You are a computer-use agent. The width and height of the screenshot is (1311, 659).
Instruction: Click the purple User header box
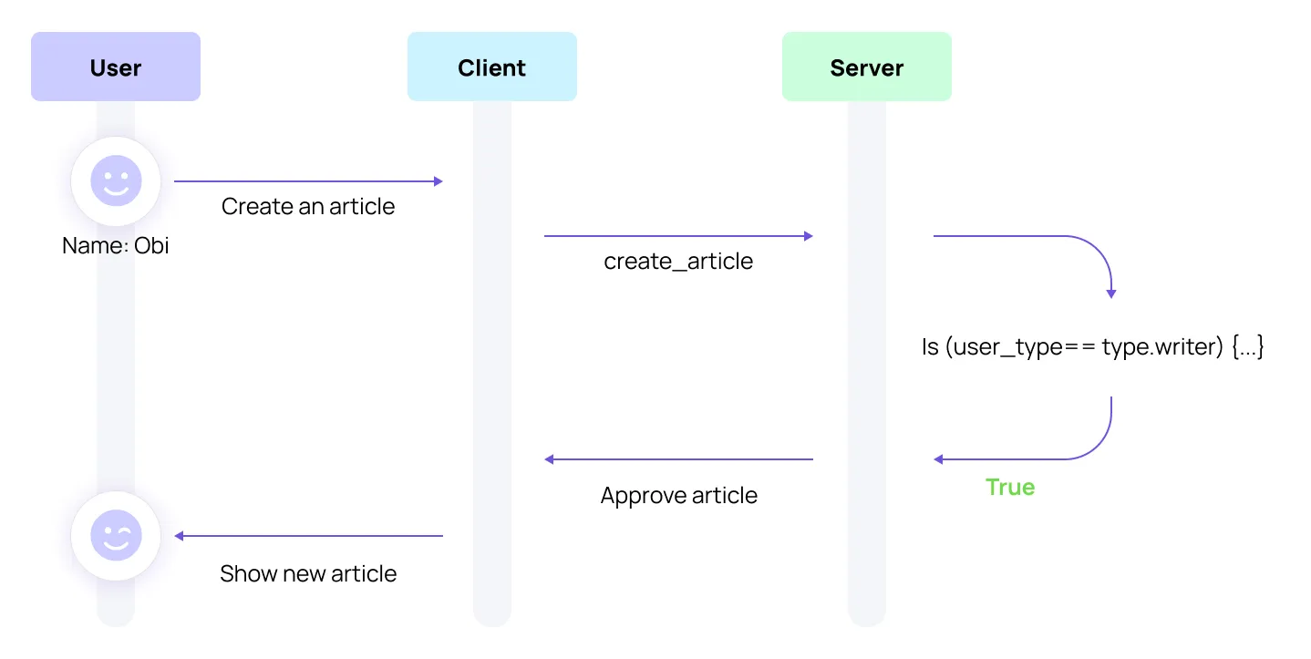[x=116, y=67]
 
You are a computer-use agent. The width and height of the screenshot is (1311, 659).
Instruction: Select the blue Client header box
[x=491, y=67]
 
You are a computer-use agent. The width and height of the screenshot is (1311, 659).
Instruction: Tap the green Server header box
[x=866, y=67]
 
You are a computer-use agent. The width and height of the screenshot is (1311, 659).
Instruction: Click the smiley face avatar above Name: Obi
[x=116, y=180]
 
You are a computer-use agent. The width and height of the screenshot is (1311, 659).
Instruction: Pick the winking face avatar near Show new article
[x=116, y=535]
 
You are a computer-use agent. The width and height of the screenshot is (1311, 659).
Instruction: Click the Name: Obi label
[x=116, y=245]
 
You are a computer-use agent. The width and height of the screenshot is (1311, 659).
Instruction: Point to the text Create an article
[x=308, y=206]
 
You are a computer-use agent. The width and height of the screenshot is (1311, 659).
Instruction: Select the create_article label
[x=678, y=262]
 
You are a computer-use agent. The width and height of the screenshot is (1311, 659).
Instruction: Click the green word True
[x=1010, y=487]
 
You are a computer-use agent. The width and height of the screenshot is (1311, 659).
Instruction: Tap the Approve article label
[x=678, y=496]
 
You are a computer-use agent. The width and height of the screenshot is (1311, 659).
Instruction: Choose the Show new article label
[x=308, y=573]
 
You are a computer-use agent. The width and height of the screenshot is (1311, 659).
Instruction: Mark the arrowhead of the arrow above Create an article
[x=439, y=181]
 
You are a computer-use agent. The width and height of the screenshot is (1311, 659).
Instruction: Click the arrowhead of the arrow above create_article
[x=808, y=236]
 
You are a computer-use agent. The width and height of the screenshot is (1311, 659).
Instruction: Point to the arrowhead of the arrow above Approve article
[x=550, y=459]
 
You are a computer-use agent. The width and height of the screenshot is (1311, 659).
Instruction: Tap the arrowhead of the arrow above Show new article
[x=180, y=536]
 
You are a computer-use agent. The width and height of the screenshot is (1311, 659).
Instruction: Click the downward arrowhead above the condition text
[x=1111, y=293]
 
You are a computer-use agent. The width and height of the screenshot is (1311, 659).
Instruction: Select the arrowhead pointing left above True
[x=939, y=459]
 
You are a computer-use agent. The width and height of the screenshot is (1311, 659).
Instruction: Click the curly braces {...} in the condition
[x=1247, y=347]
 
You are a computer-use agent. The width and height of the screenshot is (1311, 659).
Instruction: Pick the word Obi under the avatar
[x=151, y=245]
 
